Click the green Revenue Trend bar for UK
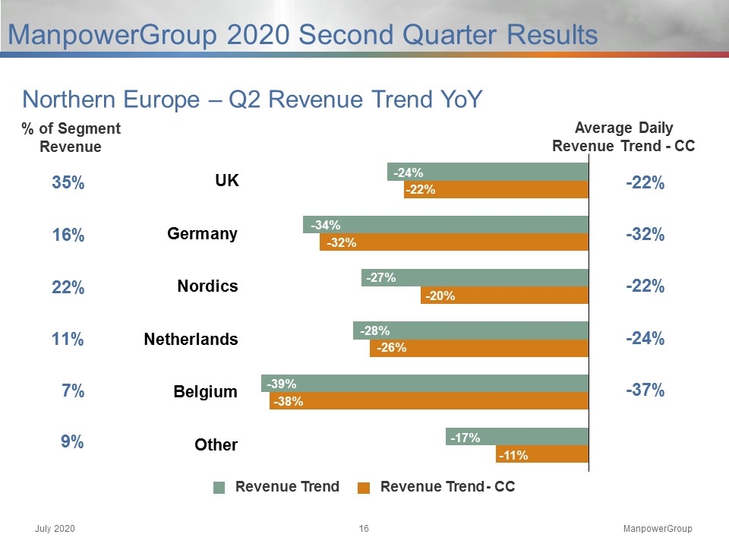488,172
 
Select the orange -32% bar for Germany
454,242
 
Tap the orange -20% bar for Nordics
504,295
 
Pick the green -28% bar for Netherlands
471,330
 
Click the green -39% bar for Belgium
425,383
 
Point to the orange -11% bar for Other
542,454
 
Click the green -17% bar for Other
517,437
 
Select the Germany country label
202,233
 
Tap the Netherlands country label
191,339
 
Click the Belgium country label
206,392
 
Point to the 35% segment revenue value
68,182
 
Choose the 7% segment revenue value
73,390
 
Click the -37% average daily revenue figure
645,390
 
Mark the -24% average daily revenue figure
645,338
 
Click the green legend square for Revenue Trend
219,488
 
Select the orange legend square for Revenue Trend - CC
364,488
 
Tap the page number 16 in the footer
364,529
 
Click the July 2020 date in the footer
55,529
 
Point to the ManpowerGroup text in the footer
658,529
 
